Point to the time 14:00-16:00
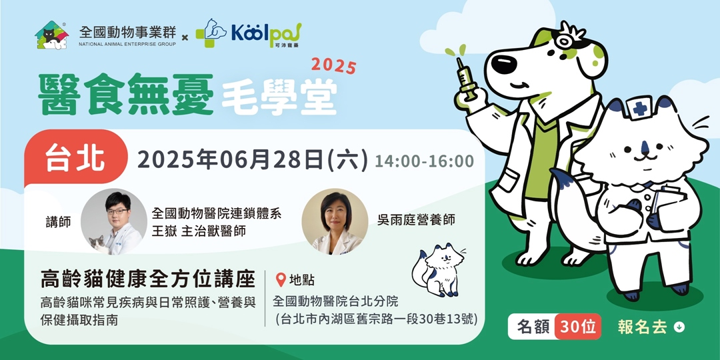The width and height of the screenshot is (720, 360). pos(424,161)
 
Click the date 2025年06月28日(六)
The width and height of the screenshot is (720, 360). pos(252,161)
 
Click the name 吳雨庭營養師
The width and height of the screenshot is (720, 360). pos(415,219)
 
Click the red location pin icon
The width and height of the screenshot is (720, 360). pos(280,280)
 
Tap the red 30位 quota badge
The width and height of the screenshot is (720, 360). pos(577,327)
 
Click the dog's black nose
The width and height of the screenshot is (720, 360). pos(501,65)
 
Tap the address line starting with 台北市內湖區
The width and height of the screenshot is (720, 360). pos(377,319)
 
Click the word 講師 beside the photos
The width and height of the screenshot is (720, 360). pos(59,221)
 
